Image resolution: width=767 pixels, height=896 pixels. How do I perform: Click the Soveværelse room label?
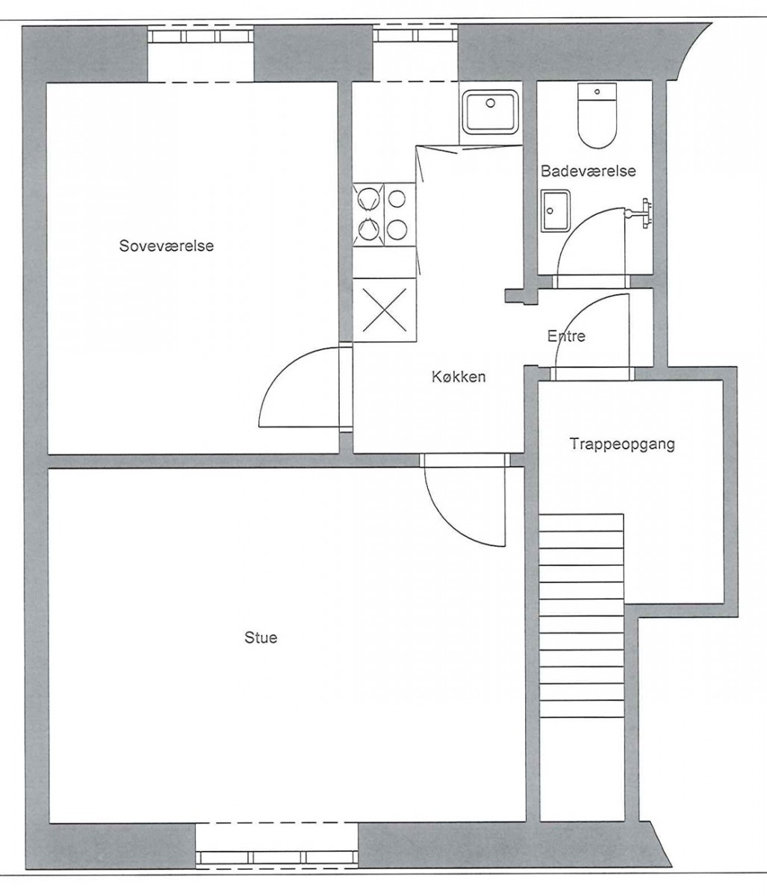click(167, 246)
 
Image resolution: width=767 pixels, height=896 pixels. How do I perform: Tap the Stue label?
click(261, 637)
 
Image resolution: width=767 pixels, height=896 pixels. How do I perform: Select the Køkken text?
click(459, 376)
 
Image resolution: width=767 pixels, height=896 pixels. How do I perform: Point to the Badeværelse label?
click(589, 171)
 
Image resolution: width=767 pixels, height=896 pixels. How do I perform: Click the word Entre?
click(566, 335)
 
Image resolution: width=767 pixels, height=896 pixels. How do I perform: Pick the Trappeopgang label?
click(622, 444)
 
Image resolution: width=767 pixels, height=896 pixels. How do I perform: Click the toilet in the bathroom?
click(597, 116)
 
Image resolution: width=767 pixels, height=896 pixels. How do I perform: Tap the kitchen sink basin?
click(491, 112)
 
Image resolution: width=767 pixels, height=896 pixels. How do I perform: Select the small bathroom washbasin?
click(555, 211)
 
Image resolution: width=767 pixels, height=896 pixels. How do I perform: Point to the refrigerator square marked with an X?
click(384, 310)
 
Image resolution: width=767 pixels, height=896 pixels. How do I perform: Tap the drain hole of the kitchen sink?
click(491, 103)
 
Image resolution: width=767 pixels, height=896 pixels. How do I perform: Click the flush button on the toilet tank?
click(597, 92)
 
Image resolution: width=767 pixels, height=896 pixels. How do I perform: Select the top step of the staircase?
click(581, 523)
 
